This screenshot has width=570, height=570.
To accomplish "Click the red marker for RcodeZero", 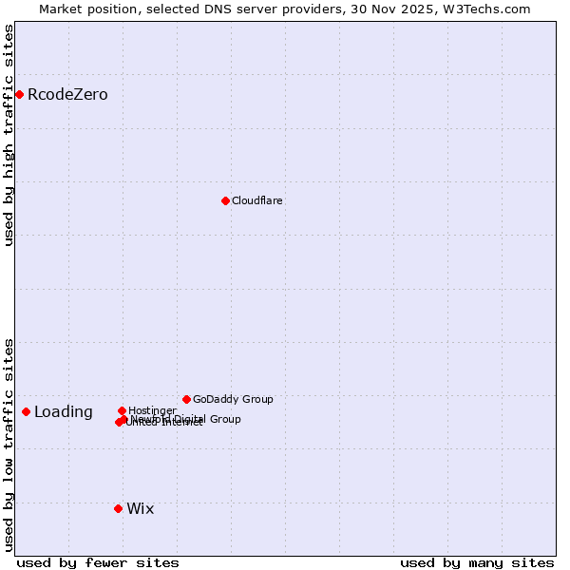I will [19, 94].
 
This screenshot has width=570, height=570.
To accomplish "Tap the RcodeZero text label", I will [67, 95].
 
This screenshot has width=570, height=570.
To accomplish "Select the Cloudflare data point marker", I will [225, 200].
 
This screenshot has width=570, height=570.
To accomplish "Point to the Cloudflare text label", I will [257, 201].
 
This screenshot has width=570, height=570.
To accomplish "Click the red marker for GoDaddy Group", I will [186, 399].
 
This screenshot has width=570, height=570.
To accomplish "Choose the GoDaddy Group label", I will [233, 400].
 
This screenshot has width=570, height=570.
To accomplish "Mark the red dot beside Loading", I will [26, 411].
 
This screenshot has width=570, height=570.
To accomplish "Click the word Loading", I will [64, 412].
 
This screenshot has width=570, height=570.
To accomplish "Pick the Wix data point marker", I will [118, 508].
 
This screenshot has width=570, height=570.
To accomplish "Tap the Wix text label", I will [140, 509].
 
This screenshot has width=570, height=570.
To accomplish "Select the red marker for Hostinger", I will [122, 410].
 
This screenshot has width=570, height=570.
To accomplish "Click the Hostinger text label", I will [152, 411].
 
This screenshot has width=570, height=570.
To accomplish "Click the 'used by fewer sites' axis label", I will [98, 562].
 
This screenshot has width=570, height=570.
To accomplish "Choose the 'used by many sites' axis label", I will [477, 562].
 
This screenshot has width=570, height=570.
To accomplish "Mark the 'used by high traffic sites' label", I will [9, 135].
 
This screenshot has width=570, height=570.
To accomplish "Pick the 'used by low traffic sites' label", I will [9, 445].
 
